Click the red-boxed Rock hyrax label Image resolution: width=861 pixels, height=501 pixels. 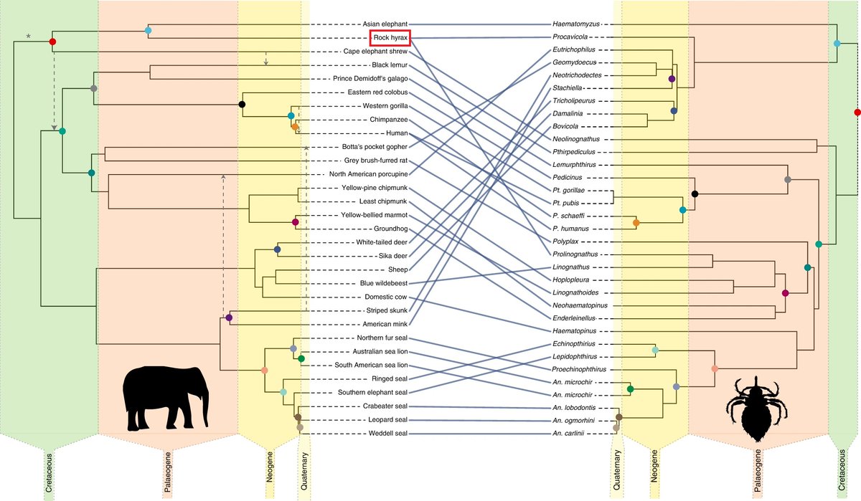[391, 37]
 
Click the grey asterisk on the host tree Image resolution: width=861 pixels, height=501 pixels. [29, 36]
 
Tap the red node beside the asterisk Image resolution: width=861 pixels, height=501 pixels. [52, 43]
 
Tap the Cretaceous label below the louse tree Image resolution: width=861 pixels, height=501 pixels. [841, 474]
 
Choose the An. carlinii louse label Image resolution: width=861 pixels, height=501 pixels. [572, 434]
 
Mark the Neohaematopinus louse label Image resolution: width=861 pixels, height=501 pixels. [580, 304]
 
